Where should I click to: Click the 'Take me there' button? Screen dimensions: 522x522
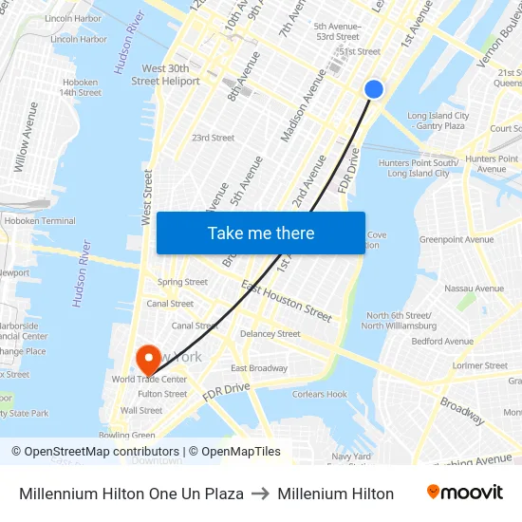(261, 233)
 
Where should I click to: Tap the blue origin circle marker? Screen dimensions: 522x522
(374, 88)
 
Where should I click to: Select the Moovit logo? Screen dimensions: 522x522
(465, 493)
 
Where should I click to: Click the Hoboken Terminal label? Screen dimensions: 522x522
(40, 221)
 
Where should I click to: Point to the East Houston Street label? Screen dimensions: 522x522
(287, 301)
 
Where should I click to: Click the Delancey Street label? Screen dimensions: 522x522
(270, 334)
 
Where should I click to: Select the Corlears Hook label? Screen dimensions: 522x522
(319, 394)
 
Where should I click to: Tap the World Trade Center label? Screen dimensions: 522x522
(149, 380)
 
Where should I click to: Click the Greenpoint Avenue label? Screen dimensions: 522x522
(457, 240)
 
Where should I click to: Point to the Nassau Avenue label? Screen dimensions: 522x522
(474, 289)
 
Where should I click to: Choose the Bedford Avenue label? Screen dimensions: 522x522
(442, 342)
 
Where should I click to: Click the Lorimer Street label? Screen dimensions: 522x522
(481, 365)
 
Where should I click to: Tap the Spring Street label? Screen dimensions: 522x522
(182, 282)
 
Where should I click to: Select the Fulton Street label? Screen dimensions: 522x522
(162, 394)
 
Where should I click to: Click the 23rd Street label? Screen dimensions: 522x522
(213, 138)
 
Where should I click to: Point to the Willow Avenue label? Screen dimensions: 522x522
(27, 138)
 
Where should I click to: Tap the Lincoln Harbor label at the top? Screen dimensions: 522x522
(72, 18)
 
